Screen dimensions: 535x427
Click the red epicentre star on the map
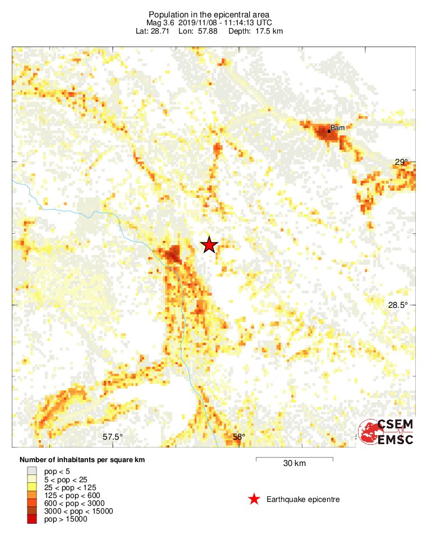pos(209,245)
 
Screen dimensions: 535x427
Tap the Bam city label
pos(338,128)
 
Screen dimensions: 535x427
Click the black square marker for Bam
pos(329,131)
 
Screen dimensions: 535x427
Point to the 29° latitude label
pos(401,162)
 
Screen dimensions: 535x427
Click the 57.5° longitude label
pos(113,437)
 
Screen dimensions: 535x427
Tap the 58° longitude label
pos(239,437)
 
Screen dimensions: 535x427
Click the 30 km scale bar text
pos(294,464)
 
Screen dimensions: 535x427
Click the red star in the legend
pos(254,499)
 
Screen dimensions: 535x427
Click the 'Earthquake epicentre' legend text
pos(303,499)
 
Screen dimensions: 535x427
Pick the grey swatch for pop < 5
pos(31,472)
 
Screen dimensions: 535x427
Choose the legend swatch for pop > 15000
pos(31,519)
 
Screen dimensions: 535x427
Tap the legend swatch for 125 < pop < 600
pos(31,495)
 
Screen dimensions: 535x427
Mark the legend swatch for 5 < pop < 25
pos(31,479)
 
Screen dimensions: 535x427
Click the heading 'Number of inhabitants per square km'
pos(82,460)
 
